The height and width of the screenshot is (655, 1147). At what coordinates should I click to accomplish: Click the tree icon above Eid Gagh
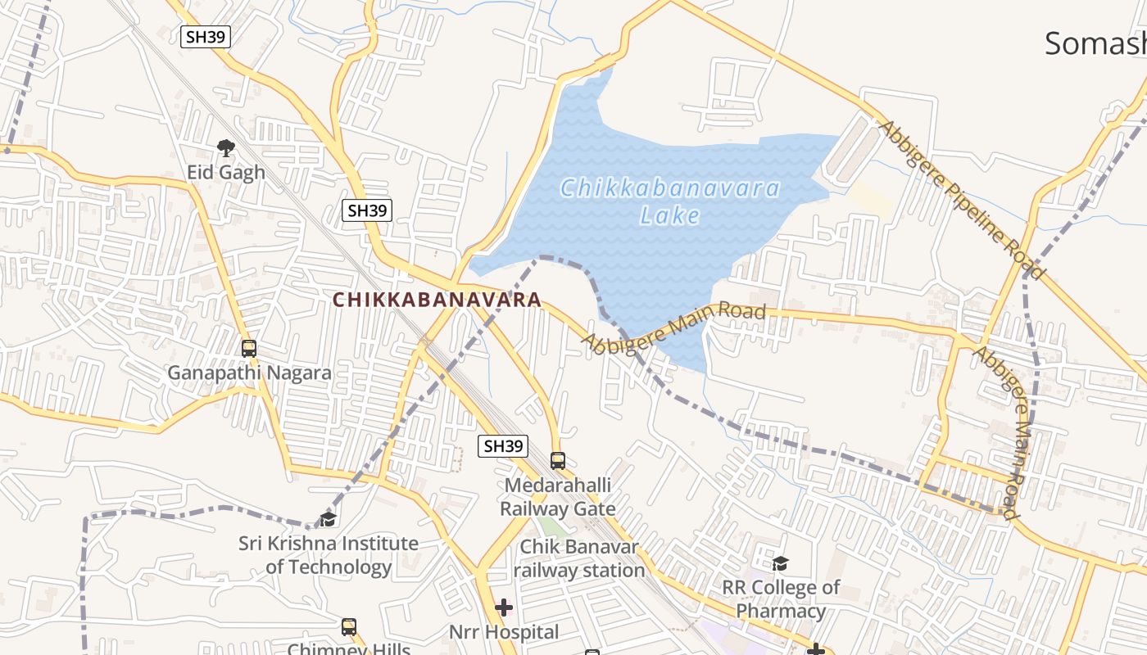[x=226, y=148]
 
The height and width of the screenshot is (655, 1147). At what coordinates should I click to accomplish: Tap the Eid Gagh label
[x=226, y=172]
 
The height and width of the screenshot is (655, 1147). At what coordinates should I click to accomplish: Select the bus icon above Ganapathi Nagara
[x=249, y=348]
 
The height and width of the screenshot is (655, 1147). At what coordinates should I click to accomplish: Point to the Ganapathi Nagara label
[x=250, y=373]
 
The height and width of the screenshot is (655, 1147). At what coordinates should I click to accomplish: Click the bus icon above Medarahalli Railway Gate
[x=558, y=460]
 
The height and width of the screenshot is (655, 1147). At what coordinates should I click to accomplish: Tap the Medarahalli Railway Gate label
[x=557, y=497]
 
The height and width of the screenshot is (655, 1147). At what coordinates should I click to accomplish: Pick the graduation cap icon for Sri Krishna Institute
[x=328, y=519]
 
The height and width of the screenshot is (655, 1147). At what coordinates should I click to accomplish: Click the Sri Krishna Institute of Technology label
[x=329, y=555]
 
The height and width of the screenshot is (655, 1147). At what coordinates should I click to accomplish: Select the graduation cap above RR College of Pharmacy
[x=781, y=563]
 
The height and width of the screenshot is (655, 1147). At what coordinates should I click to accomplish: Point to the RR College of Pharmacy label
[x=781, y=599]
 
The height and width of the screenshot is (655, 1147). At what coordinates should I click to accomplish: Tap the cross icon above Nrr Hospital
[x=504, y=608]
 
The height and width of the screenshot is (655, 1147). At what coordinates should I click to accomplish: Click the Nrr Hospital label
[x=504, y=632]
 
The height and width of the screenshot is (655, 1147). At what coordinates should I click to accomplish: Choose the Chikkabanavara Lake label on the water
[x=670, y=201]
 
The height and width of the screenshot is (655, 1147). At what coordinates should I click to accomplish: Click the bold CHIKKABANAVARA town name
[x=437, y=300]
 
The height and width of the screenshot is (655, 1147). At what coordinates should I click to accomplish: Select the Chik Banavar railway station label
[x=579, y=558]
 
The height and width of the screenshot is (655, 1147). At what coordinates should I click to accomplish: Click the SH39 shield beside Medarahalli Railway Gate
[x=503, y=446]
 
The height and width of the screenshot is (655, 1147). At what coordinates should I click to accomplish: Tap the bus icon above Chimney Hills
[x=349, y=627]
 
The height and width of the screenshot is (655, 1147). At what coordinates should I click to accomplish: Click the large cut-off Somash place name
[x=1095, y=43]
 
